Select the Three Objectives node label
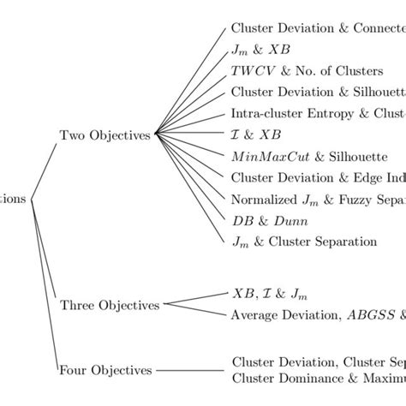tap(110, 305)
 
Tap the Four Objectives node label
tap(104, 371)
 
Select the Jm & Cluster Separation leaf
tap(304, 242)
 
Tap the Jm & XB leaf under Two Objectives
tap(254, 50)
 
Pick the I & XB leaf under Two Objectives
tap(255, 135)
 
